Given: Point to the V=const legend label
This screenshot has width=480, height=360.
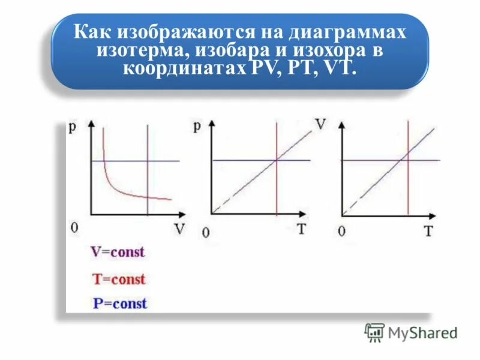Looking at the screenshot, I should point(118,252).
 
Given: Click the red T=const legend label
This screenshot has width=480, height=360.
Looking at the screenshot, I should point(119,278).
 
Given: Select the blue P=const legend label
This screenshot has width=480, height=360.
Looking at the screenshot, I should point(119,304).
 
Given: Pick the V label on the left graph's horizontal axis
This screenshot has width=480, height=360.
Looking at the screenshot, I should point(179,229).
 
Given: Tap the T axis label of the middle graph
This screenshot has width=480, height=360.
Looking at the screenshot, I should point(303,230).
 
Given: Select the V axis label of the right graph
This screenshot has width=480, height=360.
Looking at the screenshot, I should point(321,125).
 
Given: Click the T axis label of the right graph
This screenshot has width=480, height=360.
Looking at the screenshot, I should point(428,231).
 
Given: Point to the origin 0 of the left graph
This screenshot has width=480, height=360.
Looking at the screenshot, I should point(74,228).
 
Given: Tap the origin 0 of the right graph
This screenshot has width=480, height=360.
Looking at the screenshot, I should point(341,232).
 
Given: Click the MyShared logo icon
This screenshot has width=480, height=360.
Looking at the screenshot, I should point(374,332).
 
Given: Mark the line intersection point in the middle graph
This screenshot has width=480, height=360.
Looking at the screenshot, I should point(276,160).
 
